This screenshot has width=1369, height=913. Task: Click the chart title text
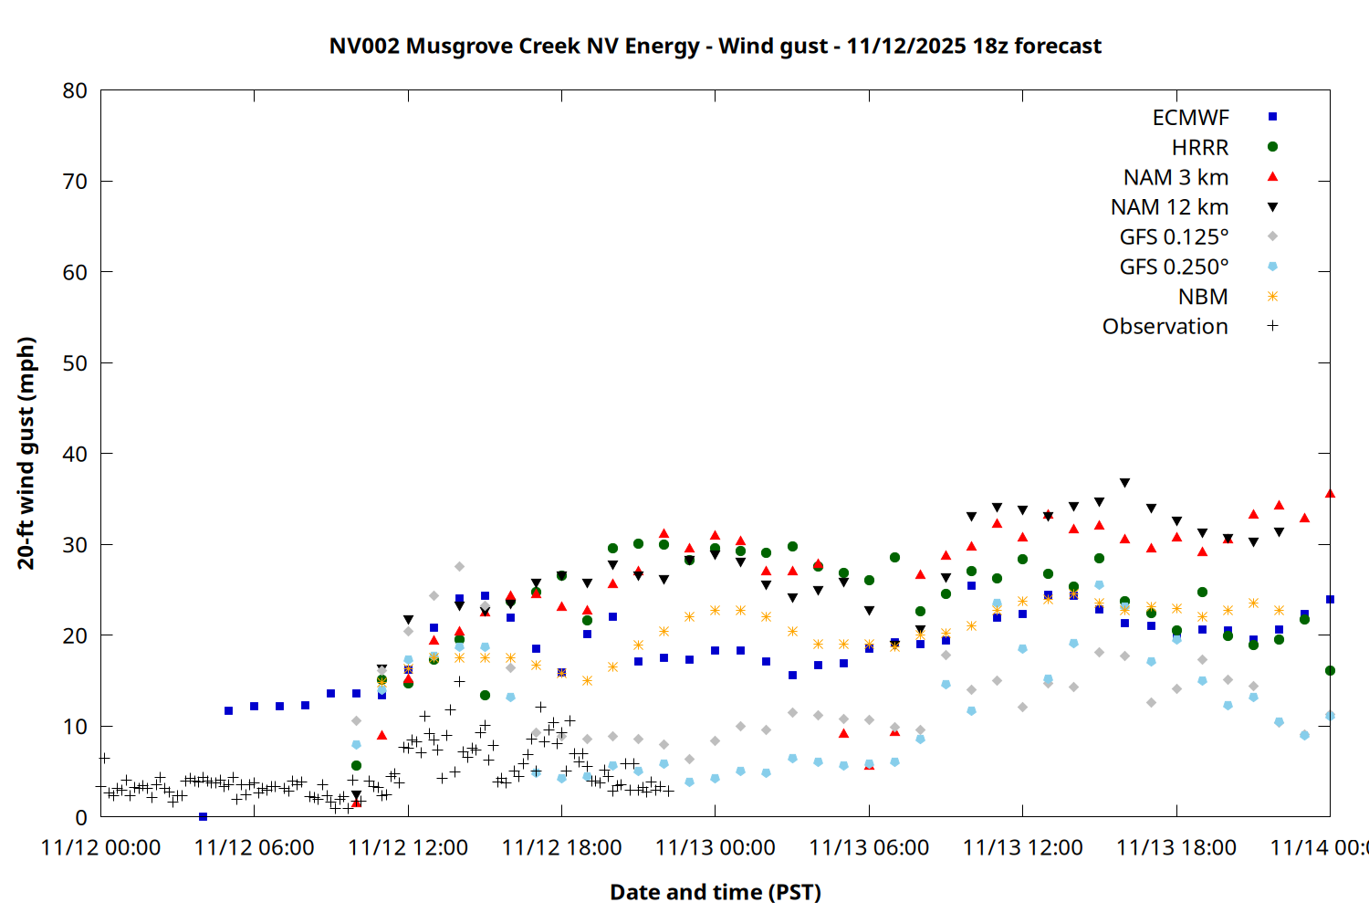point(715,46)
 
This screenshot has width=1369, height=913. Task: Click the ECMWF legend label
point(1190,118)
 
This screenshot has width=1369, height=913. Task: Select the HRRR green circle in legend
point(1272,147)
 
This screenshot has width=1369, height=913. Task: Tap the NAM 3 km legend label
point(1176,177)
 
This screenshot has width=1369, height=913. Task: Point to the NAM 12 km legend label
point(1169,207)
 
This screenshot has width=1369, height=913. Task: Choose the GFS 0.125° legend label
point(1174,237)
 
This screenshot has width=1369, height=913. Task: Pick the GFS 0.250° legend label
point(1174,268)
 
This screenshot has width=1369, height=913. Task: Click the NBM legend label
point(1203,297)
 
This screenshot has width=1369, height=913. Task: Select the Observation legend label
point(1165,327)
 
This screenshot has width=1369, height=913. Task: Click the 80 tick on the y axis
point(75,90)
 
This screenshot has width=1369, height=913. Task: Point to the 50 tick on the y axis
point(75,363)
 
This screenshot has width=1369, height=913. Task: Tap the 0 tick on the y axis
point(81,817)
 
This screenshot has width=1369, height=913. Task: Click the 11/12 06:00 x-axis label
point(254,848)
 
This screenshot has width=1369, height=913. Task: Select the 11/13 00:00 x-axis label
point(715,848)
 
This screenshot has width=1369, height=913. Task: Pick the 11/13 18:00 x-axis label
point(1176,848)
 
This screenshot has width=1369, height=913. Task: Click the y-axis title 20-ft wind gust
point(26,453)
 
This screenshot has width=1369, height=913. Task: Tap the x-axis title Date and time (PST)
point(715,892)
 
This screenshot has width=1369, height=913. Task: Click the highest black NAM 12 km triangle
point(1124,483)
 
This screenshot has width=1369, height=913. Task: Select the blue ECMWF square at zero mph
point(203,816)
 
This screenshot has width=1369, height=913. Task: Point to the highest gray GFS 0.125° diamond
point(459,567)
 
